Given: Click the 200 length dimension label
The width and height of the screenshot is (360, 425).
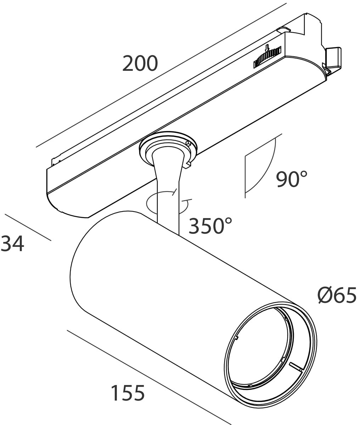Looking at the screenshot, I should click(140, 64).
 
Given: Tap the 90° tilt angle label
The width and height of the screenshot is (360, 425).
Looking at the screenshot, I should click(291, 179).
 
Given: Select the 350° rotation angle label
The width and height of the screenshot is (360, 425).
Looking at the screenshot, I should click(210, 226).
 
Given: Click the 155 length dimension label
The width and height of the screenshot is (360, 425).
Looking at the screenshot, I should click(128, 393).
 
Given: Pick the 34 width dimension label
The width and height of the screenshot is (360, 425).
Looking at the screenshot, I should click(12, 244).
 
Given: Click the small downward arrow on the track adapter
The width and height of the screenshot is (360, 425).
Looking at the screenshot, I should click(267, 48).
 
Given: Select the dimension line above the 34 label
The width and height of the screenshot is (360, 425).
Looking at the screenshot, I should click(28, 227).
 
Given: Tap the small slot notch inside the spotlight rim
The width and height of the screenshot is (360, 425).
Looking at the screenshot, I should click(296, 366).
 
